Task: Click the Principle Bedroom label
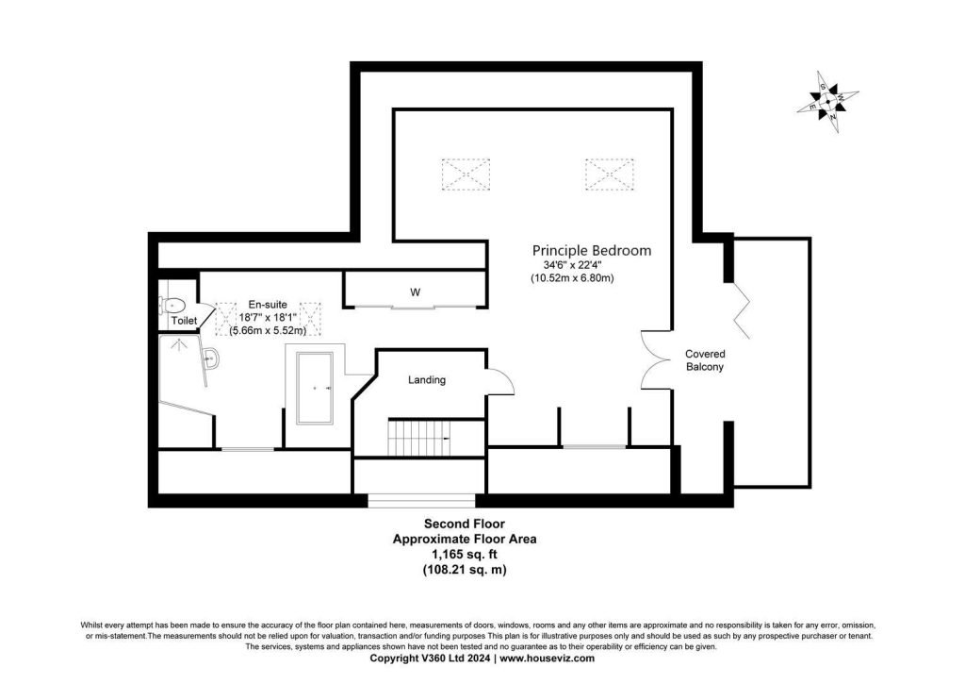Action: click(592, 251)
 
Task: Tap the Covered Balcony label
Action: click(705, 360)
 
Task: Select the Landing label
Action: click(427, 380)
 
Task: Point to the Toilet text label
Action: click(184, 321)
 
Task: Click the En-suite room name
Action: click(268, 305)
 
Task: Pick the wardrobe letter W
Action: click(416, 292)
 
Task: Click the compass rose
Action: click(827, 102)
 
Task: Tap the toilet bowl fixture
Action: click(173, 305)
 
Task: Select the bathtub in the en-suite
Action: click(315, 388)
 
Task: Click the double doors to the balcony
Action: click(656, 360)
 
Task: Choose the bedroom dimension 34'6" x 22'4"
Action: click(572, 265)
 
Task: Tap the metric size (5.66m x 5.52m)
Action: click(268, 331)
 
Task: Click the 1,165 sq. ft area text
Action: click(465, 555)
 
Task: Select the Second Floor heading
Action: click(465, 525)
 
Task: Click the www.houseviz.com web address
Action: click(548, 658)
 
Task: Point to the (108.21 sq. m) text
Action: click(465, 570)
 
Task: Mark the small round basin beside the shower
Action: click(211, 358)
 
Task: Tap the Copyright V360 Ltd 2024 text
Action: click(430, 658)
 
